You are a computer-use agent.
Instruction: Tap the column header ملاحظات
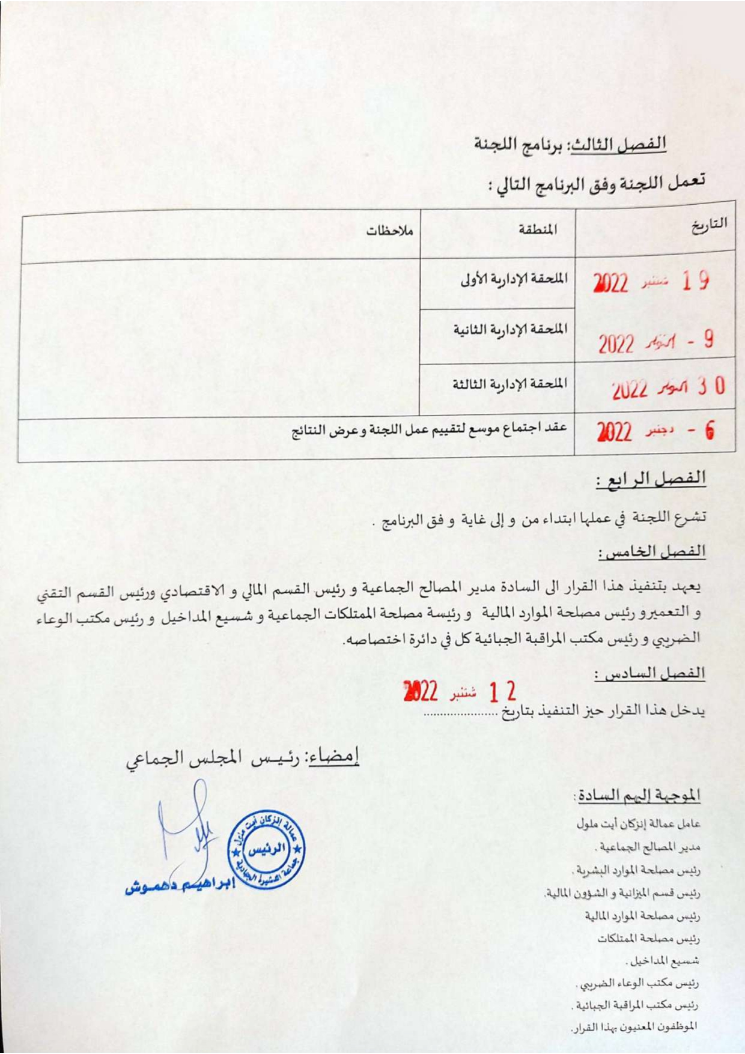[390, 231]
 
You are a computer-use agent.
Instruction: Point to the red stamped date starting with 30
[667, 388]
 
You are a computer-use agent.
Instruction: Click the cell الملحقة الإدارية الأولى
[514, 279]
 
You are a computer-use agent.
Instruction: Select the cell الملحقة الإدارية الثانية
[510, 330]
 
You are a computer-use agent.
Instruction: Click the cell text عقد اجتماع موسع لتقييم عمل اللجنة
[429, 429]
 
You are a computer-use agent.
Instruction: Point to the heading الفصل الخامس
[651, 552]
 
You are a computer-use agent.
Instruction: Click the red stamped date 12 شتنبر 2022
[460, 692]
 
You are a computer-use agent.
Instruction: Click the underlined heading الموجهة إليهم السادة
[637, 795]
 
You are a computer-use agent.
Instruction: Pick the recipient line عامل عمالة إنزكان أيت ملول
[638, 824]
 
